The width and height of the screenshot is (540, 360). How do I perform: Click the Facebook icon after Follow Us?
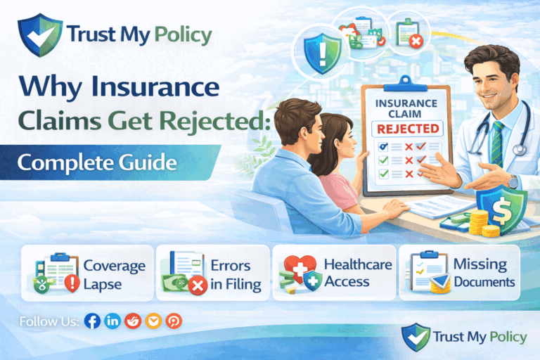click(x=91, y=321)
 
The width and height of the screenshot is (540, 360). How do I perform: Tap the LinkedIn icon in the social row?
click(x=112, y=321)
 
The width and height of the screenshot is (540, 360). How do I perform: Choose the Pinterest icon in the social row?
click(x=174, y=321)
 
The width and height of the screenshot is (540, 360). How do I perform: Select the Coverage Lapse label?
click(x=114, y=274)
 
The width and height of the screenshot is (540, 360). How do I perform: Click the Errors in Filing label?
click(x=236, y=274)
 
